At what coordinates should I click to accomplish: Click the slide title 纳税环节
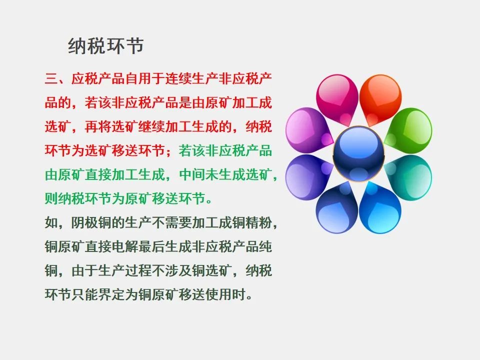106,46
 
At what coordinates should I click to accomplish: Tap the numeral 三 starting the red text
51,78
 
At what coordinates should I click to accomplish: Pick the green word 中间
191,175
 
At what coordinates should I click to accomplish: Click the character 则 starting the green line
51,198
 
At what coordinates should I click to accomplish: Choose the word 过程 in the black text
138,270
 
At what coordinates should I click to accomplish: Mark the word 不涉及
171,270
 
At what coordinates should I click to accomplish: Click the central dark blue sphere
358,154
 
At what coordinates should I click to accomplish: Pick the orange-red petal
380,98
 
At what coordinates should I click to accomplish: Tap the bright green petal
408,130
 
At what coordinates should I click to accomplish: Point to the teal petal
408,177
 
